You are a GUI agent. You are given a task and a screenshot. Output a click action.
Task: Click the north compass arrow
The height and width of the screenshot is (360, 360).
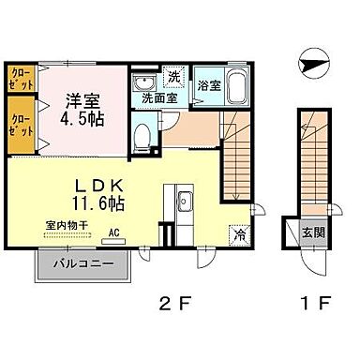click(x=312, y=64)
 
